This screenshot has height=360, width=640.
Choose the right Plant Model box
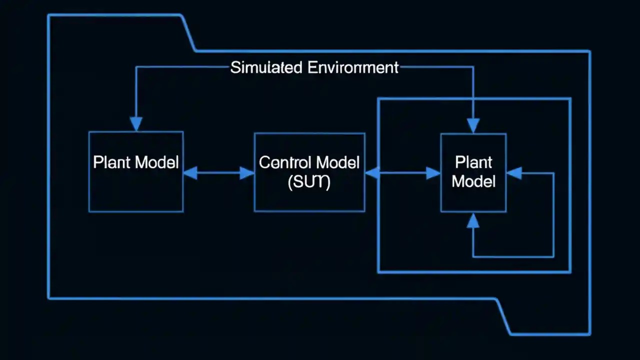pyautogui.click(x=473, y=200)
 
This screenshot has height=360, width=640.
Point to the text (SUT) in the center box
pyautogui.click(x=309, y=182)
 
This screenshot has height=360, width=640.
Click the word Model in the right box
pyautogui.click(x=473, y=181)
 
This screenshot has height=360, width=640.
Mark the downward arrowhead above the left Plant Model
pyautogui.click(x=136, y=124)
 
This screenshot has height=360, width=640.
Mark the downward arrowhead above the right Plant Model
pyautogui.click(x=473, y=125)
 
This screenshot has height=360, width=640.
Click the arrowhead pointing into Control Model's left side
pyautogui.click(x=247, y=173)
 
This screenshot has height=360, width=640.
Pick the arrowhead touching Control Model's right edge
pyautogui.click(x=372, y=173)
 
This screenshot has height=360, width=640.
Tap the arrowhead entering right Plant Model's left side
pyautogui.click(x=433, y=173)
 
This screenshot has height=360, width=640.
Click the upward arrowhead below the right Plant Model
pyautogui.click(x=473, y=220)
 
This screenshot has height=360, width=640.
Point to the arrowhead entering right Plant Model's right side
pyautogui.click(x=514, y=173)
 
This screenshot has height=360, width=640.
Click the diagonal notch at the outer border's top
pyautogui.click(x=188, y=33)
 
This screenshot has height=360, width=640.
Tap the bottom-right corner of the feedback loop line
pyautogui.click(x=553, y=256)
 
